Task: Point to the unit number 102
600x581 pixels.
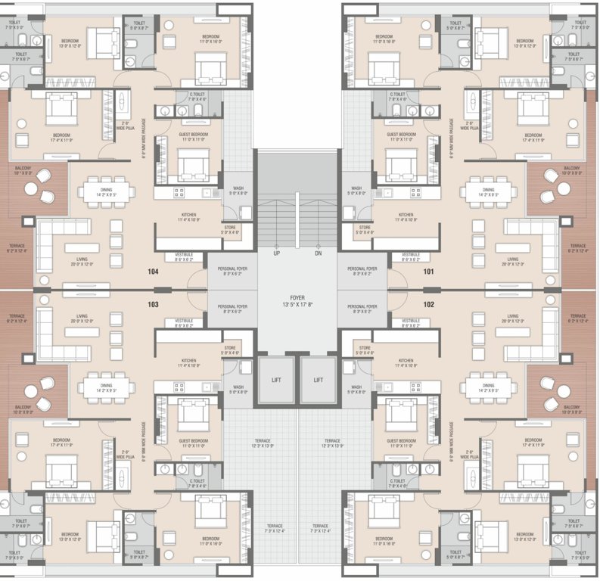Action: click(430, 305)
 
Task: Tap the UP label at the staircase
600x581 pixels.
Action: click(277, 253)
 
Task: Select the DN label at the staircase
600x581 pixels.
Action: click(319, 253)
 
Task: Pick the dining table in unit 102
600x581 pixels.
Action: click(489, 387)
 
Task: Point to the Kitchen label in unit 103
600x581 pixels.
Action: click(189, 362)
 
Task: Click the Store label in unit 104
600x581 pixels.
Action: click(231, 229)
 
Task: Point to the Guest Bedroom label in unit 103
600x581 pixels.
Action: click(189, 442)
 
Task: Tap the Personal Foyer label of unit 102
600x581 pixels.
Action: click(362, 308)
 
